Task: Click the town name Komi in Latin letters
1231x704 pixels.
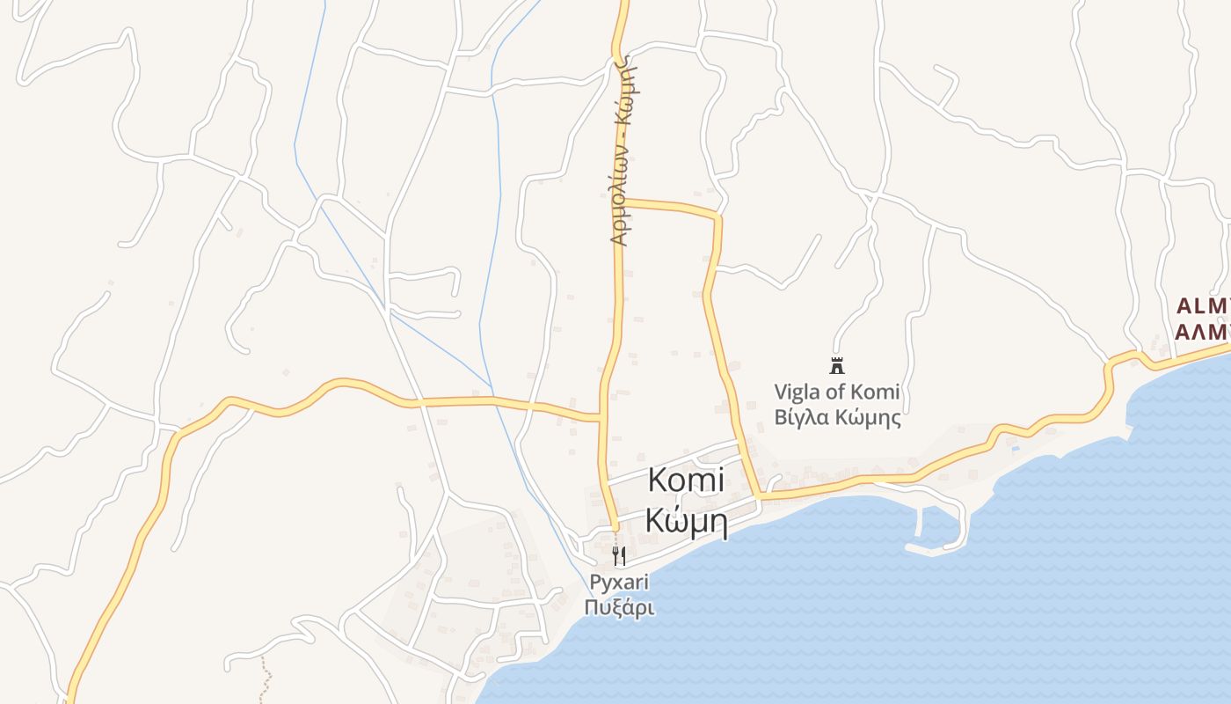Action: pyautogui.click(x=686, y=480)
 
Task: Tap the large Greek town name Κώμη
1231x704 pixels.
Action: pyautogui.click(x=686, y=520)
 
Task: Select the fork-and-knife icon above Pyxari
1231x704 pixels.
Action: pyautogui.click(x=619, y=555)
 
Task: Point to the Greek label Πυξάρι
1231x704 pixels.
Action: pyautogui.click(x=619, y=607)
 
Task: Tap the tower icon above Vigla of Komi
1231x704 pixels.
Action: pyautogui.click(x=836, y=365)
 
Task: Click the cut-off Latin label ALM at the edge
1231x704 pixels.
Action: pyautogui.click(x=1203, y=306)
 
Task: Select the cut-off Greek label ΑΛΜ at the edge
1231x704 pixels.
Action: pyautogui.click(x=1203, y=332)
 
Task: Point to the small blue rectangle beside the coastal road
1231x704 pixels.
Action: pyautogui.click(x=1016, y=449)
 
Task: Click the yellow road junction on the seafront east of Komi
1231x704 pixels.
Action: pyautogui.click(x=758, y=498)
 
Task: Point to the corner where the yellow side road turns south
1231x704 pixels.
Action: pyautogui.click(x=717, y=216)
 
